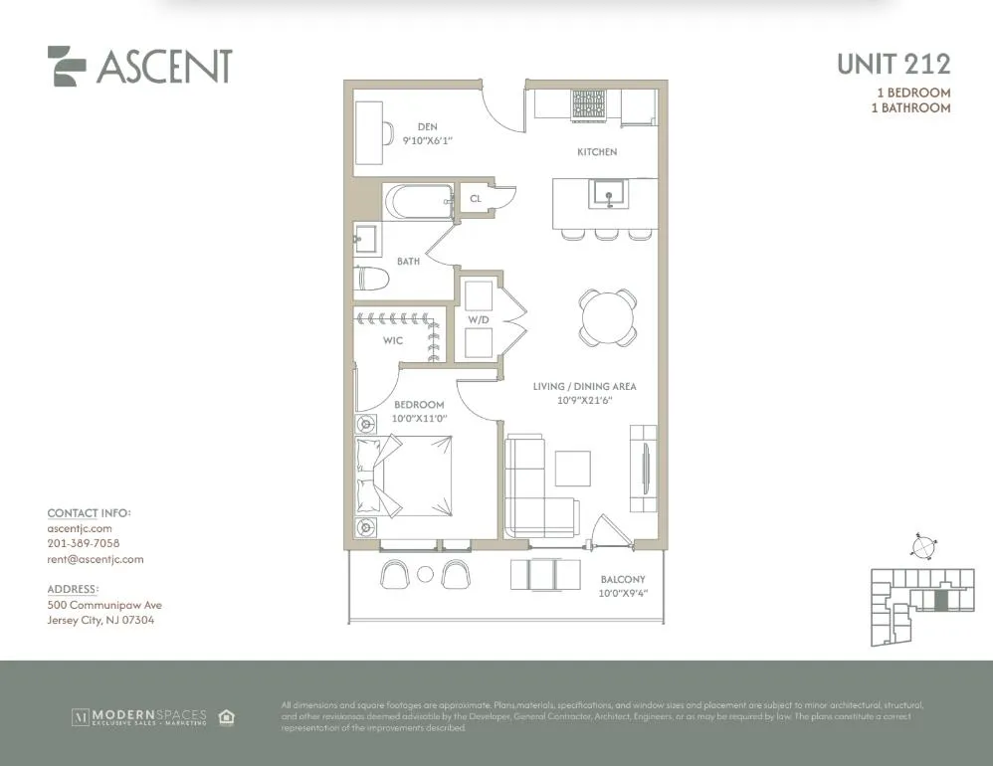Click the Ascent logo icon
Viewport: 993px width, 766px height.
67,66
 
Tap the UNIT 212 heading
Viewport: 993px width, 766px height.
893,65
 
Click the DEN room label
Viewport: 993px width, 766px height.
427,126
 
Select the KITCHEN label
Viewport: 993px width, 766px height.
597,152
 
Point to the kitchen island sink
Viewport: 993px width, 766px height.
604,192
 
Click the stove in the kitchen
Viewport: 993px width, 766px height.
587,103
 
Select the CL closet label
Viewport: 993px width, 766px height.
476,199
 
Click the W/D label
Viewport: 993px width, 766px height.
479,319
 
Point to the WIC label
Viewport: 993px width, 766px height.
393,340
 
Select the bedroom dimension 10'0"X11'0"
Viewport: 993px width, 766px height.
419,419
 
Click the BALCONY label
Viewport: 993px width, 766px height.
623,579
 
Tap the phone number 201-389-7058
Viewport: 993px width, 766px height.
84,544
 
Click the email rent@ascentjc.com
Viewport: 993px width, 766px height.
96,559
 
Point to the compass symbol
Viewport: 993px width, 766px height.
923,546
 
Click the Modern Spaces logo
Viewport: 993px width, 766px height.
138,716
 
